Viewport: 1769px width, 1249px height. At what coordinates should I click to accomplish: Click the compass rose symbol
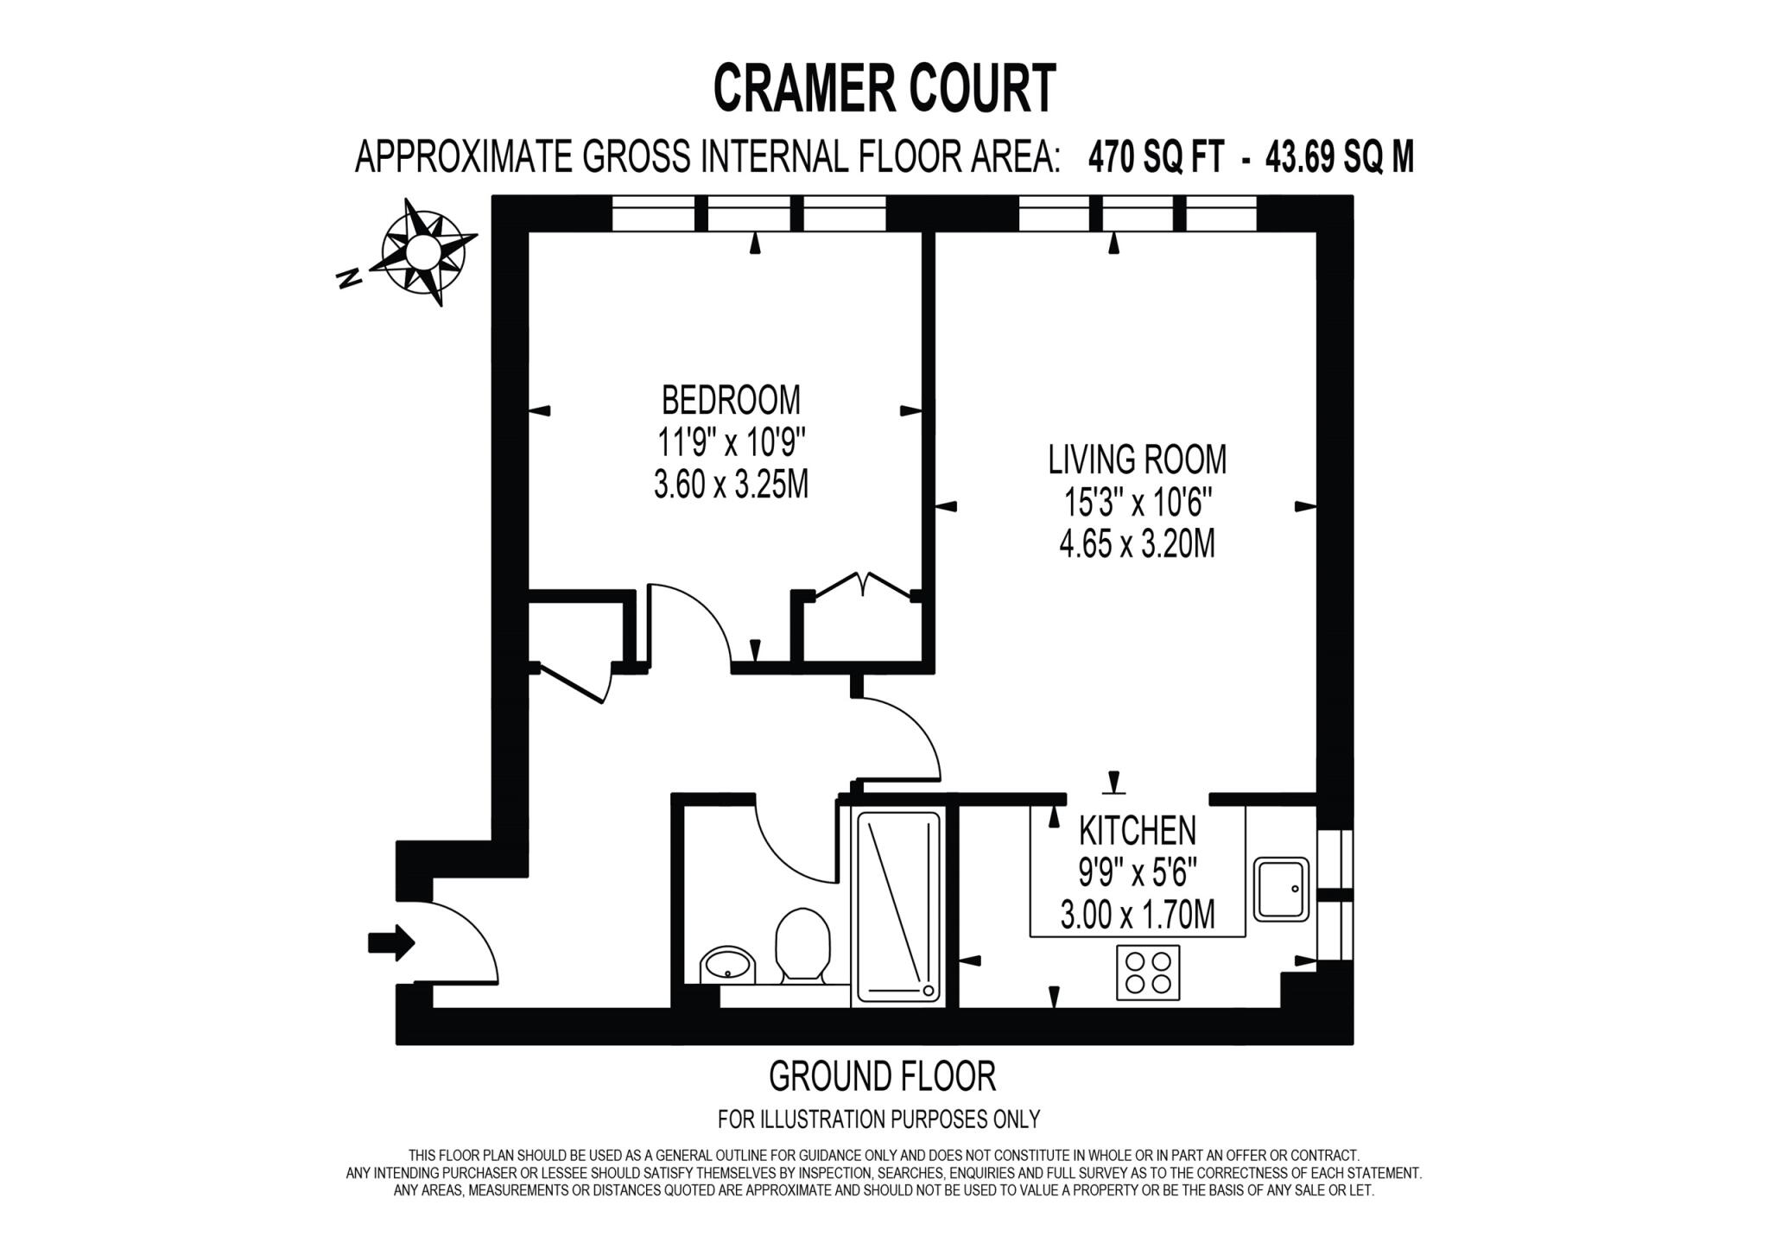click(x=424, y=252)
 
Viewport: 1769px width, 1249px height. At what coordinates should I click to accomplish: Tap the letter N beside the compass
click(x=348, y=278)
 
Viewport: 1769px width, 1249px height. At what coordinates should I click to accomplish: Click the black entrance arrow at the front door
click(x=391, y=942)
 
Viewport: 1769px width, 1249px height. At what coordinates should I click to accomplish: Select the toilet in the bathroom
click(x=802, y=945)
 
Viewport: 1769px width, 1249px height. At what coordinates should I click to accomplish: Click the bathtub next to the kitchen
click(x=898, y=905)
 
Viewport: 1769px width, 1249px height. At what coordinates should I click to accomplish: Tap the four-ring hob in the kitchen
click(x=1147, y=973)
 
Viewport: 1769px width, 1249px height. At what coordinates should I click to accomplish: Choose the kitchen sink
click(x=1281, y=889)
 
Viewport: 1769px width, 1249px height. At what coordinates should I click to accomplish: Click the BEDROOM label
click(x=731, y=400)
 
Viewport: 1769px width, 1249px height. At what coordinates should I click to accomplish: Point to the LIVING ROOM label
click(x=1137, y=460)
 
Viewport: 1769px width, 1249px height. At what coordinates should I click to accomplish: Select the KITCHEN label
click(x=1138, y=831)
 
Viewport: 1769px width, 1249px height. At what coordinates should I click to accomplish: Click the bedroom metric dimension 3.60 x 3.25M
click(x=731, y=485)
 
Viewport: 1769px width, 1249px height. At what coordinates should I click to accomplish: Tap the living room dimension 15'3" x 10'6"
click(x=1138, y=502)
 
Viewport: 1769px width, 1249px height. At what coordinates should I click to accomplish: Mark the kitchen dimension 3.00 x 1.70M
click(x=1138, y=915)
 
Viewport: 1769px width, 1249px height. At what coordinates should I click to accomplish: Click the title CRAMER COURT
click(x=884, y=88)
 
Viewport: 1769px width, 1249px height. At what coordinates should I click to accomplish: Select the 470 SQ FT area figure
click(x=1156, y=157)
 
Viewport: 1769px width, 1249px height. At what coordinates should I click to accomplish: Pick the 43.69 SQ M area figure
click(x=1340, y=157)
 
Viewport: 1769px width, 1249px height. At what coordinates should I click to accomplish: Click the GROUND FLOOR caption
click(x=882, y=1076)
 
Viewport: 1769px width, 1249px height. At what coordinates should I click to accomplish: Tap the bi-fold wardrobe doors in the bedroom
click(x=863, y=584)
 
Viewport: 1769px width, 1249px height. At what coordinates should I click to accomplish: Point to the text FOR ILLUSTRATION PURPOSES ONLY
click(x=879, y=1119)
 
